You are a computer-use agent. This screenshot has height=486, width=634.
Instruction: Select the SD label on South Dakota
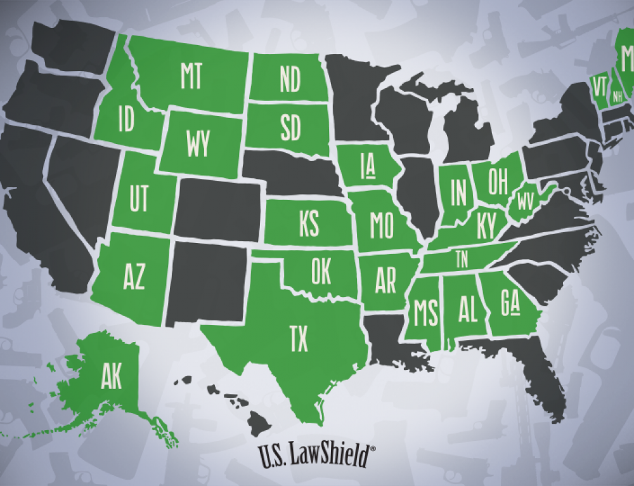click(x=290, y=129)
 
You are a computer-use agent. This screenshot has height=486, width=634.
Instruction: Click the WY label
click(x=198, y=145)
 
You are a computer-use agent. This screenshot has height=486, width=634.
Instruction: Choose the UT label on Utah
click(x=139, y=199)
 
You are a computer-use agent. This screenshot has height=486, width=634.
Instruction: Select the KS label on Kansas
click(x=308, y=225)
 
